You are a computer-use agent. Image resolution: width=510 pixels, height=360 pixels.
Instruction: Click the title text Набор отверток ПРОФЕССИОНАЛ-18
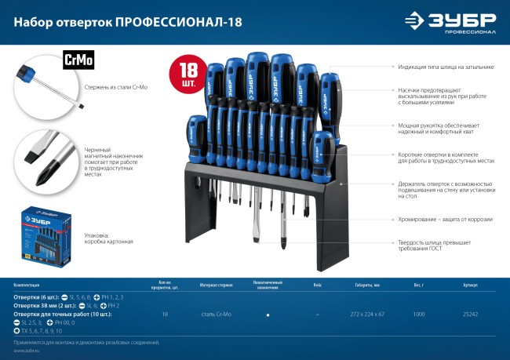click(x=127, y=21)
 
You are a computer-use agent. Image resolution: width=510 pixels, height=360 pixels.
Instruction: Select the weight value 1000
click(x=418, y=314)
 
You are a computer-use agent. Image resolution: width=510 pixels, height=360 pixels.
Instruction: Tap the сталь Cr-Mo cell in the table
click(x=215, y=314)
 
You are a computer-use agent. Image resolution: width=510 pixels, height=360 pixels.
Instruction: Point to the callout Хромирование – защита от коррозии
click(x=439, y=222)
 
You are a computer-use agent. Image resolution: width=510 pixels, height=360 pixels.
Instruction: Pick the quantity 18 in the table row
click(x=165, y=314)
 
